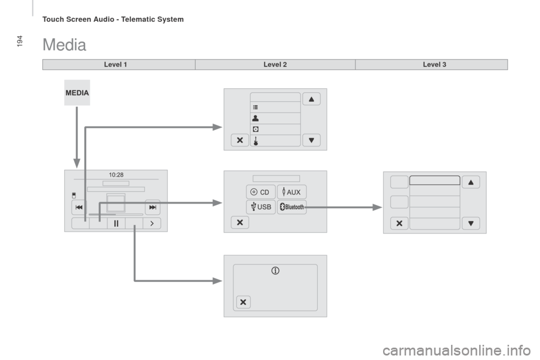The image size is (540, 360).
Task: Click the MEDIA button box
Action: (77, 93)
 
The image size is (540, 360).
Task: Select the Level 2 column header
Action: (275, 65)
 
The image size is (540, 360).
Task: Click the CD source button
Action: (260, 192)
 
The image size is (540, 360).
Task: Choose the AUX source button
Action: (292, 192)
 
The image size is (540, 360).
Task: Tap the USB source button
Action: (260, 206)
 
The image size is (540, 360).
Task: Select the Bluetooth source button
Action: (292, 206)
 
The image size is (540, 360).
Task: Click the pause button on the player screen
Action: (116, 223)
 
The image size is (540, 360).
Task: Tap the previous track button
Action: (79, 207)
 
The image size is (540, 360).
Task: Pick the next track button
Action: (152, 207)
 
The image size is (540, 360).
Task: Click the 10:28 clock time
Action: (116, 175)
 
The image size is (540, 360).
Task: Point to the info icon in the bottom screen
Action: (275, 271)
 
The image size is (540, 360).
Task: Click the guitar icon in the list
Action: (255, 141)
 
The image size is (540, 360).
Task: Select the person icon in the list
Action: (255, 118)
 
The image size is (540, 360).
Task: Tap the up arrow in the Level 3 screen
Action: (471, 182)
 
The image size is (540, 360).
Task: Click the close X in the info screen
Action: (243, 302)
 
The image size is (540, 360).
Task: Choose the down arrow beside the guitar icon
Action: (311, 140)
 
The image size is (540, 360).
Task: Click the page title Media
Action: (64, 45)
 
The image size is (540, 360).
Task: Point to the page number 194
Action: (20, 41)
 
